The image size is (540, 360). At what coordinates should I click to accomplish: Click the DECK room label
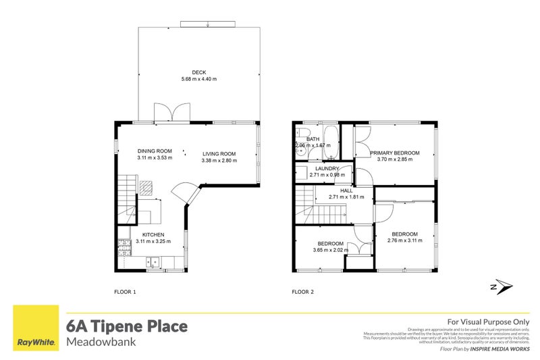point(198,72)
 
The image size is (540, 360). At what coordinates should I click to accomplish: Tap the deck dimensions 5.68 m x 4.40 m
point(198,80)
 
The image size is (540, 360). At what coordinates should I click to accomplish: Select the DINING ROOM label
point(155,151)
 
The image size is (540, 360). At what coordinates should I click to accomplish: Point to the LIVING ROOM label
point(219,154)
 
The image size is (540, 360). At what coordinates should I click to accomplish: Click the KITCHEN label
point(153,234)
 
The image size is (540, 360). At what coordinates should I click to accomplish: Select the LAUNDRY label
point(326,169)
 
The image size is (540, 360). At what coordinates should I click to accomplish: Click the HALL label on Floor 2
point(346,190)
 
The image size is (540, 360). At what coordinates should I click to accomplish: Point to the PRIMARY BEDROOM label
point(395,153)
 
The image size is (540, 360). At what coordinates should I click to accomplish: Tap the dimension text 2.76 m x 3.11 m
point(404,240)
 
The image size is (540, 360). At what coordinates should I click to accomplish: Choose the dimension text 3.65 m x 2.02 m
point(330,250)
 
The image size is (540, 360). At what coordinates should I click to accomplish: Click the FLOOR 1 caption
point(125,292)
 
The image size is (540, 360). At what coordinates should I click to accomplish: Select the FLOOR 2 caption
point(302,292)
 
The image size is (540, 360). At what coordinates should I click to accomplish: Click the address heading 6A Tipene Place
point(126,327)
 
